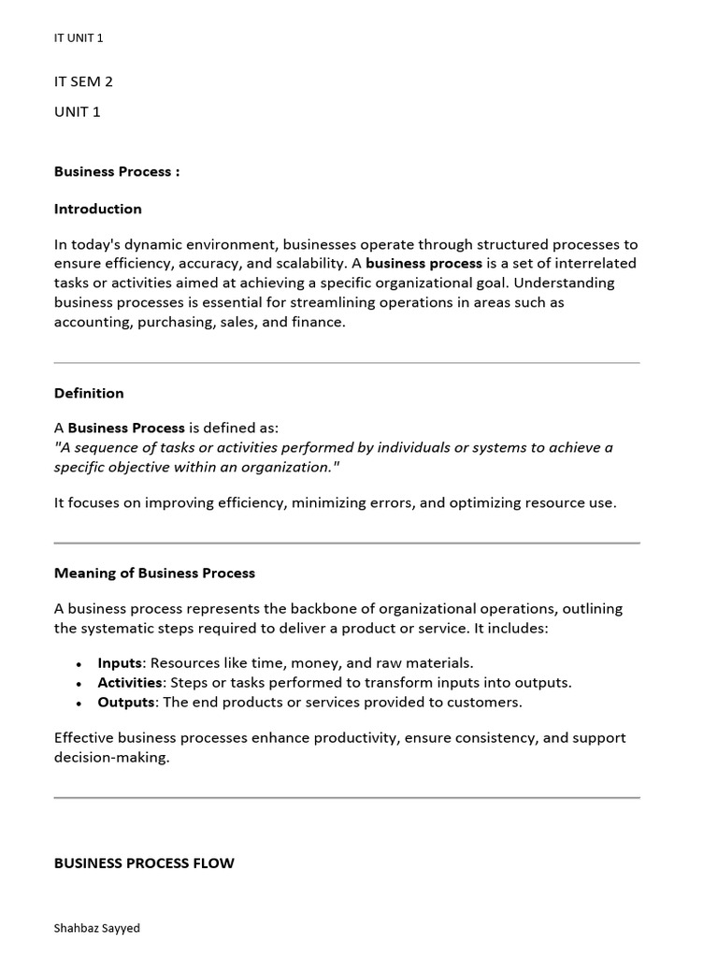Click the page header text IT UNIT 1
pos(79,38)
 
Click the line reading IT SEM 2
pos(83,81)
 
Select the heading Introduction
pos(98,209)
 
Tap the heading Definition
pos(89,393)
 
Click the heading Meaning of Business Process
pos(154,573)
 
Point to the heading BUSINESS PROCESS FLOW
pos(144,863)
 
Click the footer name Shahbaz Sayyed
pos(97,928)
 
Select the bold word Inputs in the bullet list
pos(120,662)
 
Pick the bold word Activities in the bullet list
pos(130,682)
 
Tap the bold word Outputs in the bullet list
pos(125,702)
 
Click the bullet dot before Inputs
pos(79,663)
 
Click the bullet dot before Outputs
pos(79,703)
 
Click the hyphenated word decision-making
pos(111,757)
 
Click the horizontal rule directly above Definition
pos(347,363)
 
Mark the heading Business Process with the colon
pos(117,171)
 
